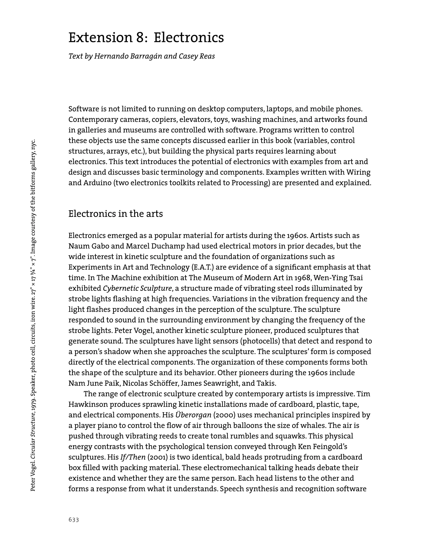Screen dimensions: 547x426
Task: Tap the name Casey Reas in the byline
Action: (197, 56)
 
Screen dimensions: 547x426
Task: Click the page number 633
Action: (74, 520)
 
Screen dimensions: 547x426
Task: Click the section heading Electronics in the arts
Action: (116, 214)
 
